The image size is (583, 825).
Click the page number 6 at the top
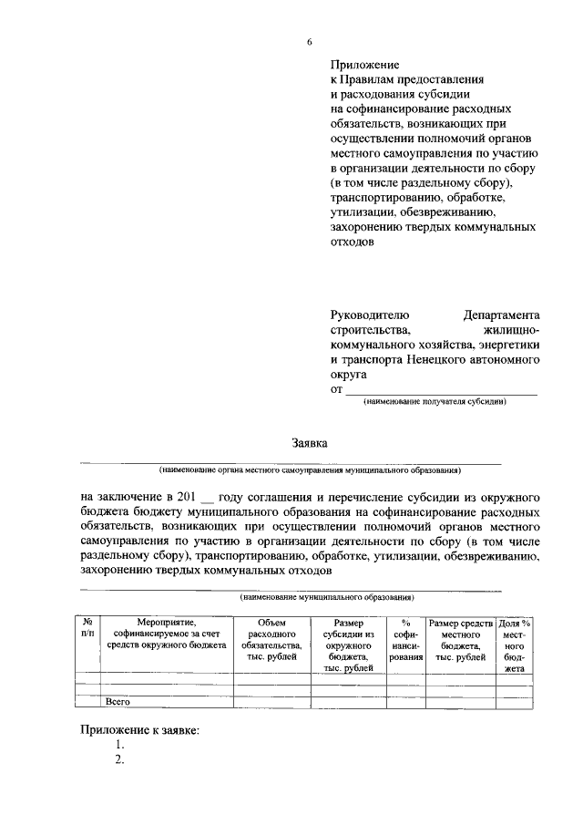pyautogui.click(x=309, y=42)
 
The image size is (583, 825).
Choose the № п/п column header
pyautogui.click(x=87, y=629)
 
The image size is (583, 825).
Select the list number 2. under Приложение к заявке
pyautogui.click(x=119, y=760)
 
